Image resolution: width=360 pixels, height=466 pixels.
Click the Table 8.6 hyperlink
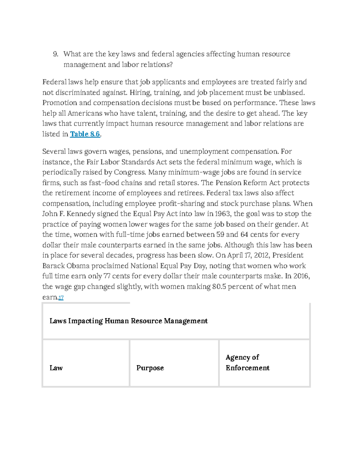click(85, 134)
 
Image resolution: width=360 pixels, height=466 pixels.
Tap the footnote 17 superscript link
click(61, 298)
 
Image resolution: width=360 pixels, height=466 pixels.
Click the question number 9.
click(55, 54)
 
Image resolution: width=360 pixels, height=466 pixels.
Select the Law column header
click(56, 368)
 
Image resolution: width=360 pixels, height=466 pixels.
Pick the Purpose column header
click(150, 368)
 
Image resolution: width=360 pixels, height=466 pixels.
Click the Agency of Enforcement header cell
click(247, 362)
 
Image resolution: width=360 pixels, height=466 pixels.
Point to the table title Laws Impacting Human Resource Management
click(128, 321)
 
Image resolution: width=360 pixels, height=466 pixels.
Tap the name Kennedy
click(79, 214)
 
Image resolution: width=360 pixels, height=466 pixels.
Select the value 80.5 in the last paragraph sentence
click(219, 287)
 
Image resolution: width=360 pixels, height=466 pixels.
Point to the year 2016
click(301, 276)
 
